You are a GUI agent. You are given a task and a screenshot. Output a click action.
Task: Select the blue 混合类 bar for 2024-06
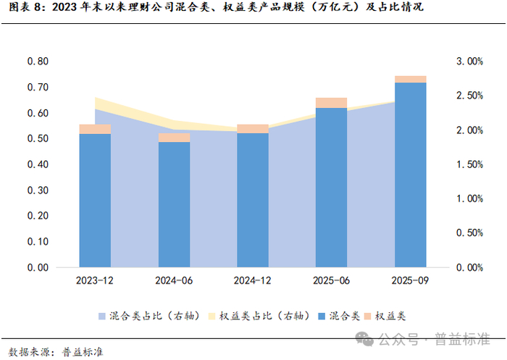(x=174, y=204)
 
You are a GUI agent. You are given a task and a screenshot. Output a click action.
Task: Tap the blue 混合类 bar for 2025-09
(x=411, y=175)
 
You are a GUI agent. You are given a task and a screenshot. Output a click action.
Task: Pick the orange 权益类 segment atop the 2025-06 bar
(x=332, y=103)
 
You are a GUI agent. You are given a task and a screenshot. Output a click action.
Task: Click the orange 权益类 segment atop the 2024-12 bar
(x=253, y=129)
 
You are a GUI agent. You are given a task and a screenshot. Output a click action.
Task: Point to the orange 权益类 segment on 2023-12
(x=95, y=129)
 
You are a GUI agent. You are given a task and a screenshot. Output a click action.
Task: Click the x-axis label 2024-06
(x=174, y=280)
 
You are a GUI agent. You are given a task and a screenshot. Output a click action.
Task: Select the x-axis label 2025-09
(x=411, y=280)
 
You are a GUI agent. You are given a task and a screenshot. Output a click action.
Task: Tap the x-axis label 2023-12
(x=95, y=280)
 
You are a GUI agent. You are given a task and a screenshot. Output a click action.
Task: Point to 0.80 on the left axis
(x=38, y=62)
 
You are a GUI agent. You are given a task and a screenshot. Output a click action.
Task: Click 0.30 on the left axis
(x=38, y=191)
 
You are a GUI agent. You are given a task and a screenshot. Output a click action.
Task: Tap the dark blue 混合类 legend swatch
(x=322, y=317)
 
